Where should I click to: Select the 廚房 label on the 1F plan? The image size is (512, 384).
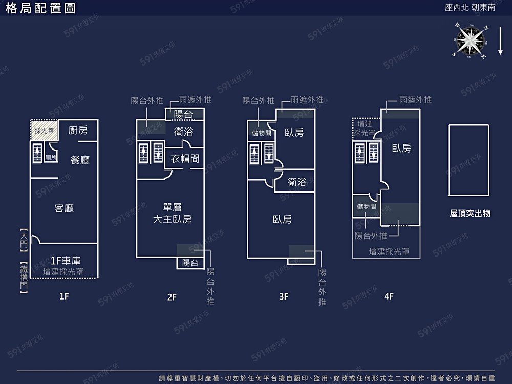pos(78,131)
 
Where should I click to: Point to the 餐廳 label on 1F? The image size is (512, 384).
pos(80,160)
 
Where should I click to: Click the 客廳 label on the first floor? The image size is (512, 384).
pos(64,208)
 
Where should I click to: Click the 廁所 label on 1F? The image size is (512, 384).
pos(51,157)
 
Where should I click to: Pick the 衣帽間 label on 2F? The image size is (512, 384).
pos(185,158)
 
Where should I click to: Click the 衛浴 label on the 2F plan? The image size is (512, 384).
pos(183,132)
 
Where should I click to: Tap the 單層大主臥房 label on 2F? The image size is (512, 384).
pos(173,214)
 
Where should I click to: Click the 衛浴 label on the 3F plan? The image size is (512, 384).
pos(297,182)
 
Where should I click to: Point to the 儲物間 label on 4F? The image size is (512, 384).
pos(367,207)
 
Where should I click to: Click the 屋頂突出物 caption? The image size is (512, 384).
pos(470,213)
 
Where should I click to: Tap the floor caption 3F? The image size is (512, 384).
pos(284,296)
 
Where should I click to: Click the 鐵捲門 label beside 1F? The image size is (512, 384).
pos(23,277)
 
